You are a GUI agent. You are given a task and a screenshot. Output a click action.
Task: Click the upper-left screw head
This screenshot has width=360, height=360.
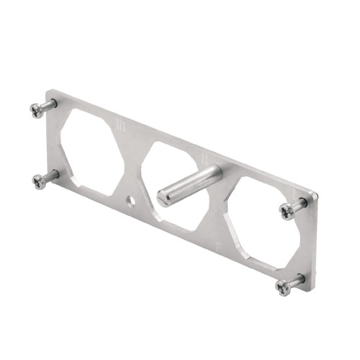coord(37,109)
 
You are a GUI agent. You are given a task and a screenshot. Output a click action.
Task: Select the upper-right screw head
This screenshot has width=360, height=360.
coord(287,211)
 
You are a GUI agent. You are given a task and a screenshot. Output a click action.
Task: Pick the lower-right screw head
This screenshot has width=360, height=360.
coord(282,287)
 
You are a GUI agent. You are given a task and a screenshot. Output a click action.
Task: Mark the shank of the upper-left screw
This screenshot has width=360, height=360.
coord(49,104)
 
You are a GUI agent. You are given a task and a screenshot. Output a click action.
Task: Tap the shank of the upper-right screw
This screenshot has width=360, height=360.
coord(300,204)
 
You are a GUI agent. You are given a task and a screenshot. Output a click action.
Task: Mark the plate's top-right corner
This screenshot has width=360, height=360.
coord(318,195)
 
